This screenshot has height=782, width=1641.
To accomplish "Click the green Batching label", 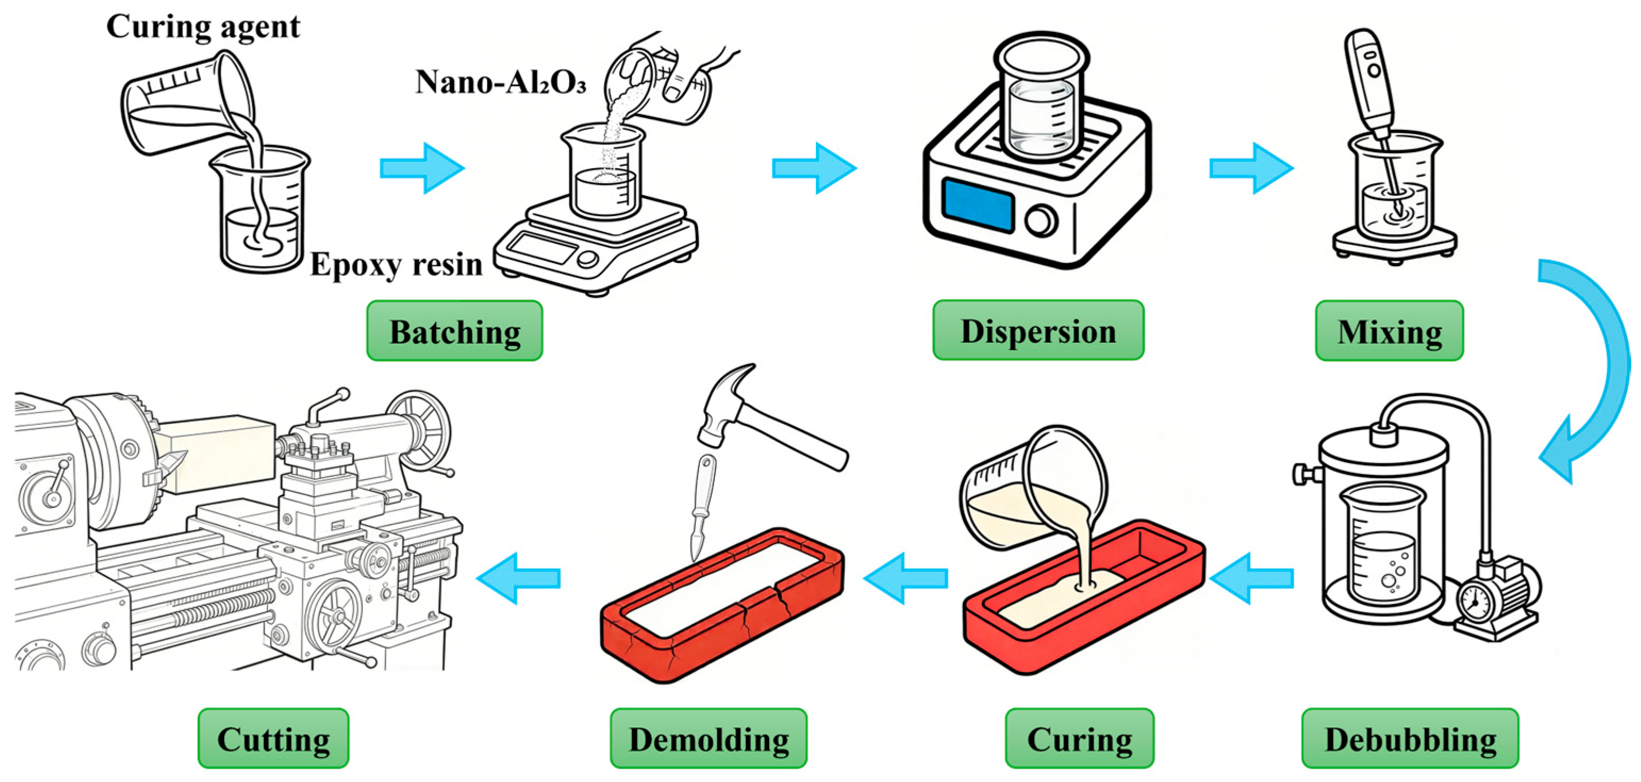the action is click(454, 331).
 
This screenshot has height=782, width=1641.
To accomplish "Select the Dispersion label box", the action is click(1038, 330).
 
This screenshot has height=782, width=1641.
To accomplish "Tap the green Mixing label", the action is click(1389, 331).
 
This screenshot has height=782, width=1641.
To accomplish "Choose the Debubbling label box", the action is click(1410, 738).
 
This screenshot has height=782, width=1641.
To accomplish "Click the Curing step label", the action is click(1080, 738).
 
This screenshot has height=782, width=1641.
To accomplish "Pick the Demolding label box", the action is click(709, 738).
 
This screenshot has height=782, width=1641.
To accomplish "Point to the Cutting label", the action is click(273, 738).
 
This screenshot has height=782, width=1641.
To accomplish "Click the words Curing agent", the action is click(203, 27).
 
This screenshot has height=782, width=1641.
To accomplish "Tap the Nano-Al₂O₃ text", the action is click(501, 81).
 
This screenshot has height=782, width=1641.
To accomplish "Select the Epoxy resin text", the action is click(396, 265).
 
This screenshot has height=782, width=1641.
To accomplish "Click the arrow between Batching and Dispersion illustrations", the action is click(814, 168).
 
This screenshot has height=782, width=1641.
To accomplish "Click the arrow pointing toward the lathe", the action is click(518, 578).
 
